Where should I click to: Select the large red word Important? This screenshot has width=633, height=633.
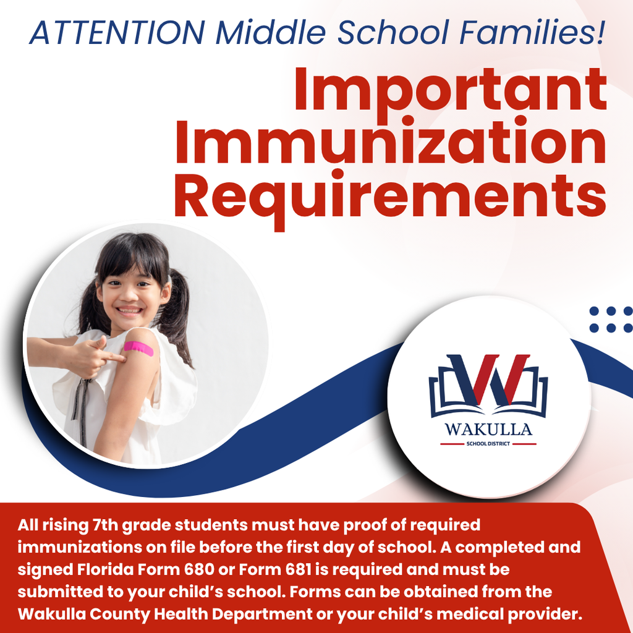click(450, 90)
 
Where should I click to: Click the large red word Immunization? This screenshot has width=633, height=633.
click(390, 142)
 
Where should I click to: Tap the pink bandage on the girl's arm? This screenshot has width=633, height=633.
click(138, 347)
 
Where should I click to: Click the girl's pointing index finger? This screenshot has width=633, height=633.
click(114, 357)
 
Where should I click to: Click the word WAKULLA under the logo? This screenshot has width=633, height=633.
click(488, 430)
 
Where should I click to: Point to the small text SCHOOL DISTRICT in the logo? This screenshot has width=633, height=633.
click(488, 444)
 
